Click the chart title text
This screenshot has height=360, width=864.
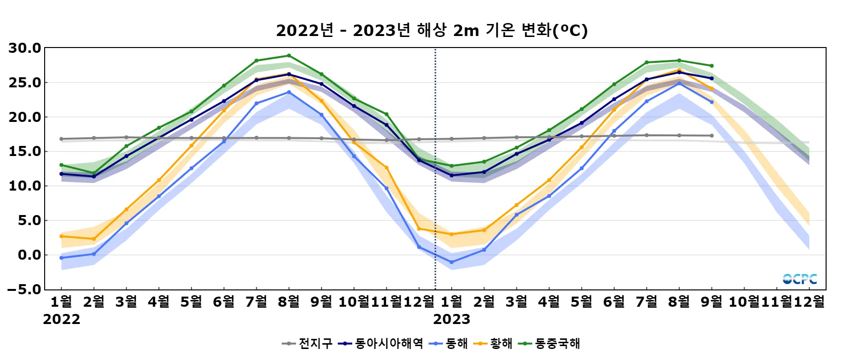coord(432,31)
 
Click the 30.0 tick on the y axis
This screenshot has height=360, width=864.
coord(25,48)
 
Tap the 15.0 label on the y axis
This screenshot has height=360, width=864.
coord(25,152)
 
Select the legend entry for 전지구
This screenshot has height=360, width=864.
coord(307,344)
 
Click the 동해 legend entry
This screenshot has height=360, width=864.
coord(448,344)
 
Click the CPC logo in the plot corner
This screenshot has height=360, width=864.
coord(800,279)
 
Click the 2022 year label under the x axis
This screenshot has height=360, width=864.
coord(61,319)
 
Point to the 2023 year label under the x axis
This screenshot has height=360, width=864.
coord(452,319)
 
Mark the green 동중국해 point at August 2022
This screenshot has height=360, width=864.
coord(289,56)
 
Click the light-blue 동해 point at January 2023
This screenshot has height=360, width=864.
coord(452,263)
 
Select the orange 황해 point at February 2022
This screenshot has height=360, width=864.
coord(94,239)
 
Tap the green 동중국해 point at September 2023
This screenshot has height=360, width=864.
coord(712,66)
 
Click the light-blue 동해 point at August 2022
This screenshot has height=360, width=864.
coord(289,92)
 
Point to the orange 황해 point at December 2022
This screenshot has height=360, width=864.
coord(419,229)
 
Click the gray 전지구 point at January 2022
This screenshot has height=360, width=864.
coord(61,139)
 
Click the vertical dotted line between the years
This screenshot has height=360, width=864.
coord(435,192)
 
